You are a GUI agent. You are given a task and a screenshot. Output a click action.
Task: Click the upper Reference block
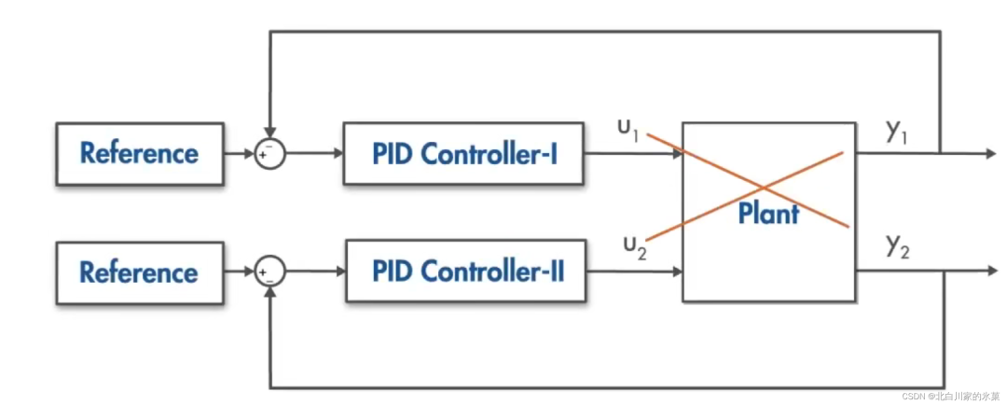pyautogui.click(x=139, y=153)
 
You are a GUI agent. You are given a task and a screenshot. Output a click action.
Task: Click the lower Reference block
pyautogui.click(x=139, y=272)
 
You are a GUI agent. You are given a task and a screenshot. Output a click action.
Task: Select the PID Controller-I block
pyautogui.click(x=464, y=153)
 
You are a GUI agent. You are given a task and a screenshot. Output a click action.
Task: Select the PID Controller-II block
pyautogui.click(x=465, y=272)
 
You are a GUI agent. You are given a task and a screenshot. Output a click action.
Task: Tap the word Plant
pyautogui.click(x=768, y=214)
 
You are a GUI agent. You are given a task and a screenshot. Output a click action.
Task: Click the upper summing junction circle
pyautogui.click(x=269, y=154)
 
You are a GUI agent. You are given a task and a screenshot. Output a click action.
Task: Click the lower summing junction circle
pyautogui.click(x=269, y=272)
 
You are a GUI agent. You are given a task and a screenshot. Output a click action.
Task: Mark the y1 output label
pyautogui.click(x=898, y=132)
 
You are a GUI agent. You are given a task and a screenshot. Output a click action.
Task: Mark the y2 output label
pyautogui.click(x=898, y=246)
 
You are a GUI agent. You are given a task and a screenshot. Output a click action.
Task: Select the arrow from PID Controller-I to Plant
pyautogui.click(x=634, y=154)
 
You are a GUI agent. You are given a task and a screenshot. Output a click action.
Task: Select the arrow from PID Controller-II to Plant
pyautogui.click(x=634, y=272)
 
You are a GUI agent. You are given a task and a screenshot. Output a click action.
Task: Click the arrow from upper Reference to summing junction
pyautogui.click(x=239, y=154)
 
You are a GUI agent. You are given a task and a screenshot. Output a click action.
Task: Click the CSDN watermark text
pyautogui.click(x=950, y=396)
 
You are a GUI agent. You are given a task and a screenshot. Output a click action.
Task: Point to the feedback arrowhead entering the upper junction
pyautogui.click(x=269, y=134)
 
